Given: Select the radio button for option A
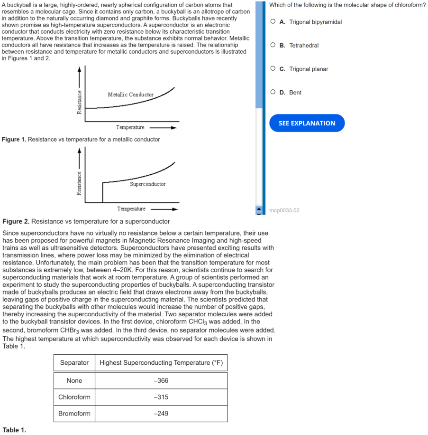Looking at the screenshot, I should (273, 22).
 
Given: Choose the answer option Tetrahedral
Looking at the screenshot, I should (304, 46).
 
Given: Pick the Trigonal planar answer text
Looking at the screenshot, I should (309, 69).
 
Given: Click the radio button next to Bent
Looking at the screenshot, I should (273, 93).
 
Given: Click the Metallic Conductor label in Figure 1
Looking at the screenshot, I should (130, 95).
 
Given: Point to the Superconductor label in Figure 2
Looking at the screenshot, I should (147, 184).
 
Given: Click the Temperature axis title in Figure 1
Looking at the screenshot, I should (130, 127).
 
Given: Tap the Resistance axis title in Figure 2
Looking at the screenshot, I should (79, 183).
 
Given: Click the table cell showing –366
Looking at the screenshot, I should (161, 381).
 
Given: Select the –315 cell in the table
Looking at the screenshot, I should (161, 397).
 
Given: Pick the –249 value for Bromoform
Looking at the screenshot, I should (161, 414).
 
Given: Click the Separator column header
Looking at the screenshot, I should (74, 363).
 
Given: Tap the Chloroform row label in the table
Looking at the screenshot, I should (74, 397).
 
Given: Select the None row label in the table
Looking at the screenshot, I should (74, 381).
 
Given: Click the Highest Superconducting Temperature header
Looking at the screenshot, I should (161, 363).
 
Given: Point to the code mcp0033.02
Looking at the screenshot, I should (284, 210).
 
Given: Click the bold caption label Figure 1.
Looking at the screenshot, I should (14, 140).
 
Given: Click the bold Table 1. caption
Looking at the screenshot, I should (14, 430).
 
